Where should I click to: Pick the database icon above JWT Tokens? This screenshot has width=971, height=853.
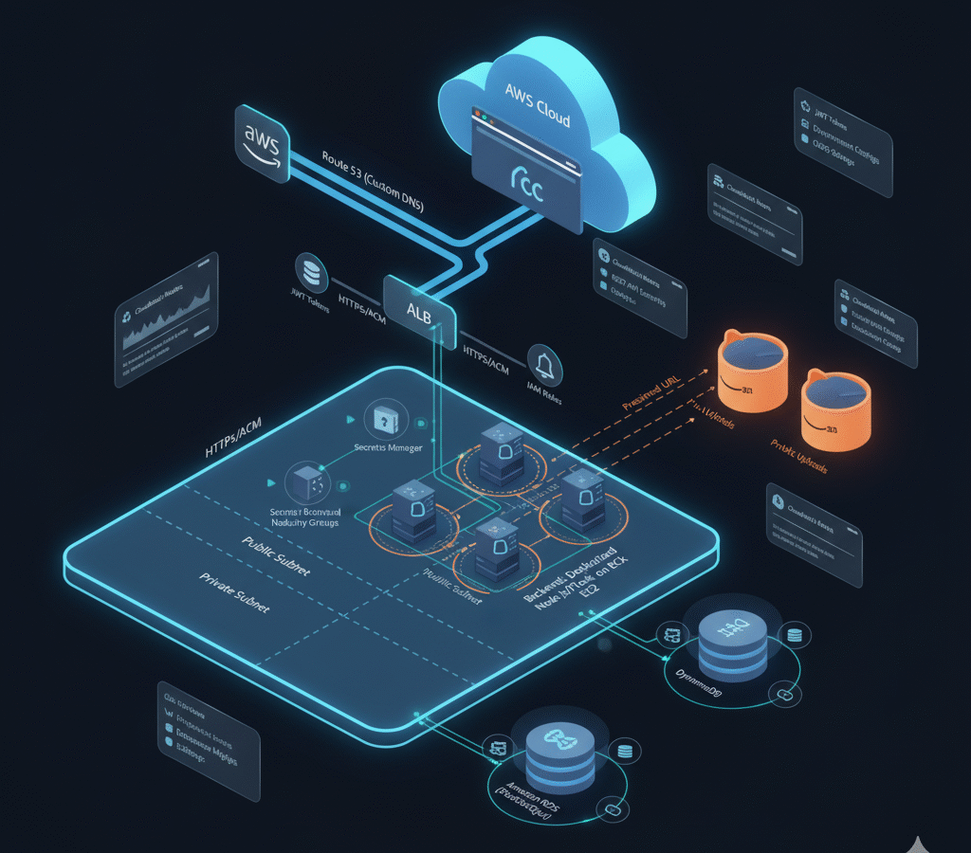tap(310, 270)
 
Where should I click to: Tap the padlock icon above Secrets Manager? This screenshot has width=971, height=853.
tap(384, 418)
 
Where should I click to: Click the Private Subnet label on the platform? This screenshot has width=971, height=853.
tap(233, 591)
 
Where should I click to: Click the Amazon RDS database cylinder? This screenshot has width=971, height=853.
tap(552, 754)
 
